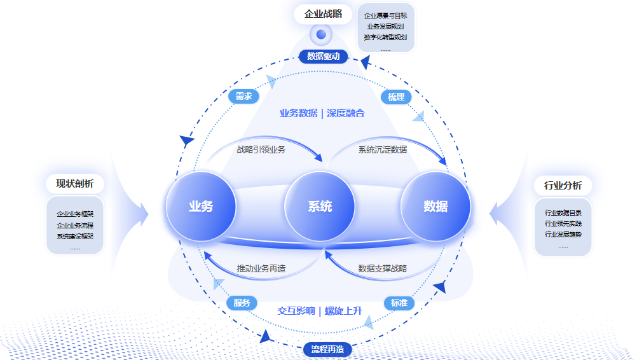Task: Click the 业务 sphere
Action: click(201, 207)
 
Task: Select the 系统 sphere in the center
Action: click(320, 207)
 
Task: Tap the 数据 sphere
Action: click(435, 207)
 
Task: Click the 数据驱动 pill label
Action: click(324, 57)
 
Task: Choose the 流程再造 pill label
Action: click(327, 349)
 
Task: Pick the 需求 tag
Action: click(243, 97)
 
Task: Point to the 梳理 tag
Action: click(396, 97)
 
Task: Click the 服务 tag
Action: click(242, 303)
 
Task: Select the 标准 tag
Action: click(399, 303)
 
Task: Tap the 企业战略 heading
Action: click(323, 14)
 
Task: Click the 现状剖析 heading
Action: click(75, 184)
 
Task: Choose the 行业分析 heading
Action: click(563, 186)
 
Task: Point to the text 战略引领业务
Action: click(261, 150)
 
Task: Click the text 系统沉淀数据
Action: click(382, 150)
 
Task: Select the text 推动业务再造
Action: click(261, 268)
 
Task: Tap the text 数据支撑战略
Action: click(382, 268)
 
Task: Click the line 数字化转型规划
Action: click(385, 38)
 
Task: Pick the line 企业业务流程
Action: click(75, 225)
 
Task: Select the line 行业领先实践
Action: click(563, 224)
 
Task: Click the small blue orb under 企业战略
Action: click(321, 34)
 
